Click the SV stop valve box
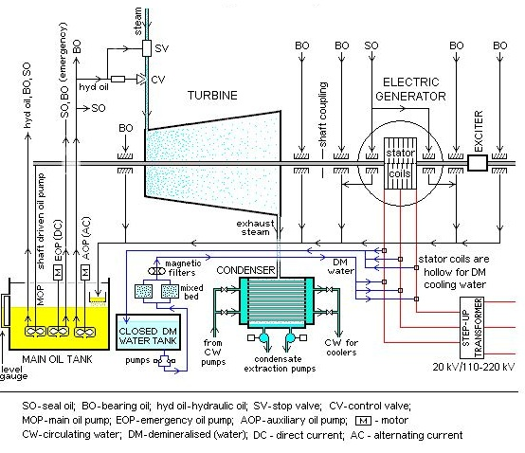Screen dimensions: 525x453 pos(147,48)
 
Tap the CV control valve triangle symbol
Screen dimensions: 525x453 pos(141,80)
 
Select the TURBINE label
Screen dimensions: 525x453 pos(212,96)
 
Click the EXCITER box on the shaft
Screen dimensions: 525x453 pos(477,163)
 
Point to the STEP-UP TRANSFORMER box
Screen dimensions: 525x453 pos(472,327)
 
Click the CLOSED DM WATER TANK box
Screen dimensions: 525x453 pos(148,332)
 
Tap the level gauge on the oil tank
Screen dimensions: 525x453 pos(6,310)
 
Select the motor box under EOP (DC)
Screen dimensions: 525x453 pos(58,272)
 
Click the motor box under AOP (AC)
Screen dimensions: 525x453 pos(85,272)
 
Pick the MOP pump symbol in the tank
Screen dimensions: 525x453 pos(35,331)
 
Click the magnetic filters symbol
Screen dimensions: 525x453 pos(156,271)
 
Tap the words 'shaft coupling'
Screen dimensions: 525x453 pos(322,114)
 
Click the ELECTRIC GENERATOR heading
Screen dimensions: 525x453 pos(410,89)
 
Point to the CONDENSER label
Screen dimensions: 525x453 pos(245,270)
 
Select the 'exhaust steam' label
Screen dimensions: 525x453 pos(255,227)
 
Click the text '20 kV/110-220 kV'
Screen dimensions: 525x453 pos(474,367)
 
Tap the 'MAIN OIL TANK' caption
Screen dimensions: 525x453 pos(57,359)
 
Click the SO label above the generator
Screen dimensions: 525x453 pos(371,45)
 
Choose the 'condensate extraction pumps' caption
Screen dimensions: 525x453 pos(280,364)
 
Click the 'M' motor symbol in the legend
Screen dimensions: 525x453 pos(363,420)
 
